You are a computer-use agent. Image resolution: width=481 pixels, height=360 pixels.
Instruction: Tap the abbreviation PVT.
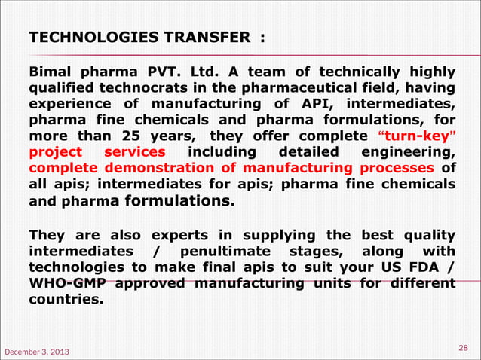point(161,72)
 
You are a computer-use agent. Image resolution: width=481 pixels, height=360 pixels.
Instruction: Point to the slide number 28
point(464,346)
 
